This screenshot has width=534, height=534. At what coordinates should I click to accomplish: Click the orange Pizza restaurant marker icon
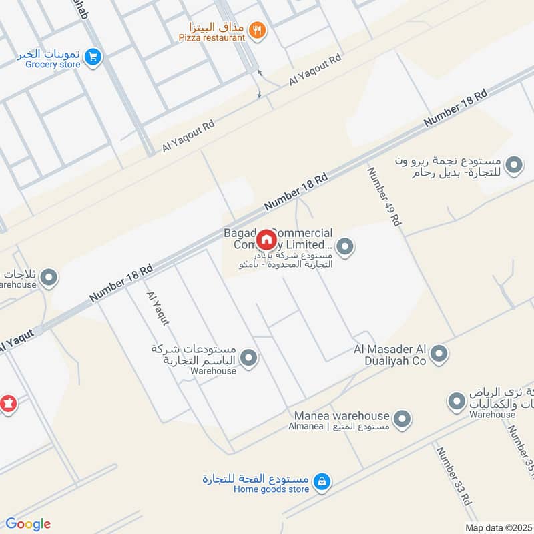(x=256, y=29)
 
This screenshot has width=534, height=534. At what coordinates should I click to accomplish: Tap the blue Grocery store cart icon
(x=93, y=58)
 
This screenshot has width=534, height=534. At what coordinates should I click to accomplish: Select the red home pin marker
(x=266, y=240)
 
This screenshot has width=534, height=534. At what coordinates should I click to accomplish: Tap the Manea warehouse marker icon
(x=401, y=419)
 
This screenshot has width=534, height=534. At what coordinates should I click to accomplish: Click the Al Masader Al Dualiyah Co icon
(x=439, y=354)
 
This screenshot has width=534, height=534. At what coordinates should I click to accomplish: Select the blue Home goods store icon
(x=322, y=481)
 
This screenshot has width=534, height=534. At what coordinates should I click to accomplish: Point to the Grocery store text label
(x=53, y=65)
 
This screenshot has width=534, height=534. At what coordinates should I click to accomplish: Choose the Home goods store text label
(x=271, y=489)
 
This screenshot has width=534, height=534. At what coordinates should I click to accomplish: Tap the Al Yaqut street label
(x=158, y=308)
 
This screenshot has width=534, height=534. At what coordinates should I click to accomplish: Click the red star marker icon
(x=8, y=404)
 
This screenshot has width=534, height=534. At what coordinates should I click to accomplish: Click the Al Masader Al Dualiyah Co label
(x=390, y=355)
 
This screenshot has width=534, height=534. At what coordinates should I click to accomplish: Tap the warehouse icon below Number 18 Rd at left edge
(x=49, y=278)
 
